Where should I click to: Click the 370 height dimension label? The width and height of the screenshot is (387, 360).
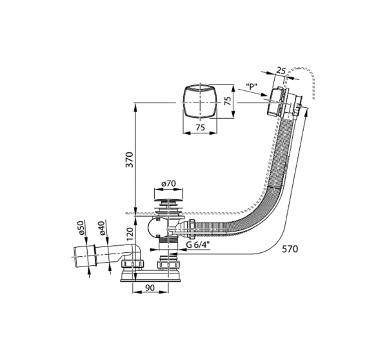[130, 160]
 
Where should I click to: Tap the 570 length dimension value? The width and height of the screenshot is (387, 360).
[290, 249]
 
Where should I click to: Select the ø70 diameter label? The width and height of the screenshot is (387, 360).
[168, 183]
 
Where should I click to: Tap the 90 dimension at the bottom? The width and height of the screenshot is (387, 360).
[150, 288]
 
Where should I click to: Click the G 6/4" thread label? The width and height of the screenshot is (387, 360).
[198, 245]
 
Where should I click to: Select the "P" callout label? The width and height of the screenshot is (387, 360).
[252, 86]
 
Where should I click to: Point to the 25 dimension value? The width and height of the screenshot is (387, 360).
[281, 70]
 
